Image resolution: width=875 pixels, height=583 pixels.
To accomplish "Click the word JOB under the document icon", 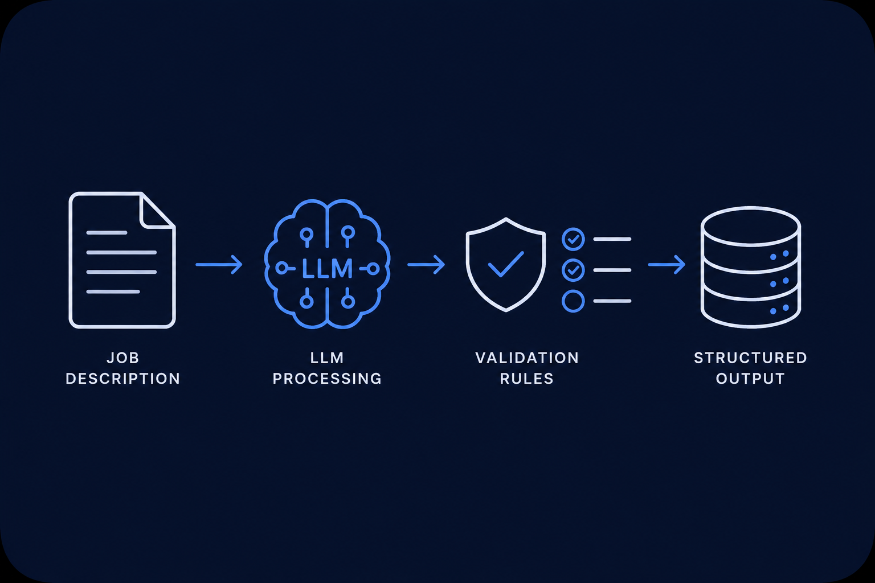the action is [x=122, y=358].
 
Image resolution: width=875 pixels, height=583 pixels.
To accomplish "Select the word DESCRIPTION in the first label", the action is [x=122, y=379].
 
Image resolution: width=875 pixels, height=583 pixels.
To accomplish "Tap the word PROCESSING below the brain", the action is [x=327, y=379].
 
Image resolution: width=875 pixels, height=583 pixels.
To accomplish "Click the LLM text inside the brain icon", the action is [x=328, y=269].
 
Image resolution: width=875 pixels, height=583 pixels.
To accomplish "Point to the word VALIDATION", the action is [x=527, y=358].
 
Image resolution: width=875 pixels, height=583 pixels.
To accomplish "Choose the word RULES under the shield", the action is [x=527, y=379].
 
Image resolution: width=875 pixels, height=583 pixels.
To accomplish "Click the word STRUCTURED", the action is [x=750, y=358].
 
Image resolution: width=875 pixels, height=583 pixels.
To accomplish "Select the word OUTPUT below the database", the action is [x=750, y=379].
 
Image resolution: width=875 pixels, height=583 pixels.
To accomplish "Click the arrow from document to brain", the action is [x=219, y=265].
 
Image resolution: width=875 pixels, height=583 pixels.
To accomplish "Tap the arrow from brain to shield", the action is [x=426, y=265].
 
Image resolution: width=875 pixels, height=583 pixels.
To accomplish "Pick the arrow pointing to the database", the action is [x=667, y=265].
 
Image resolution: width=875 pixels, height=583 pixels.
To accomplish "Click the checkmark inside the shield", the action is [x=506, y=264].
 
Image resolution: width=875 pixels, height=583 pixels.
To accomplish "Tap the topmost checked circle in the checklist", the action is [x=573, y=239].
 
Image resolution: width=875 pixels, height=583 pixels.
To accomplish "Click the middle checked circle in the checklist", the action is [x=573, y=270].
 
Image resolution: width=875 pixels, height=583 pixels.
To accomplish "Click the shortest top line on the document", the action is [x=107, y=233].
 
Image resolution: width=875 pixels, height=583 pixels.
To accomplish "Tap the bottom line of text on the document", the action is [x=113, y=291].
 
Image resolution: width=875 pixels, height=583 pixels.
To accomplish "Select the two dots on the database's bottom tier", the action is [x=779, y=309].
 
